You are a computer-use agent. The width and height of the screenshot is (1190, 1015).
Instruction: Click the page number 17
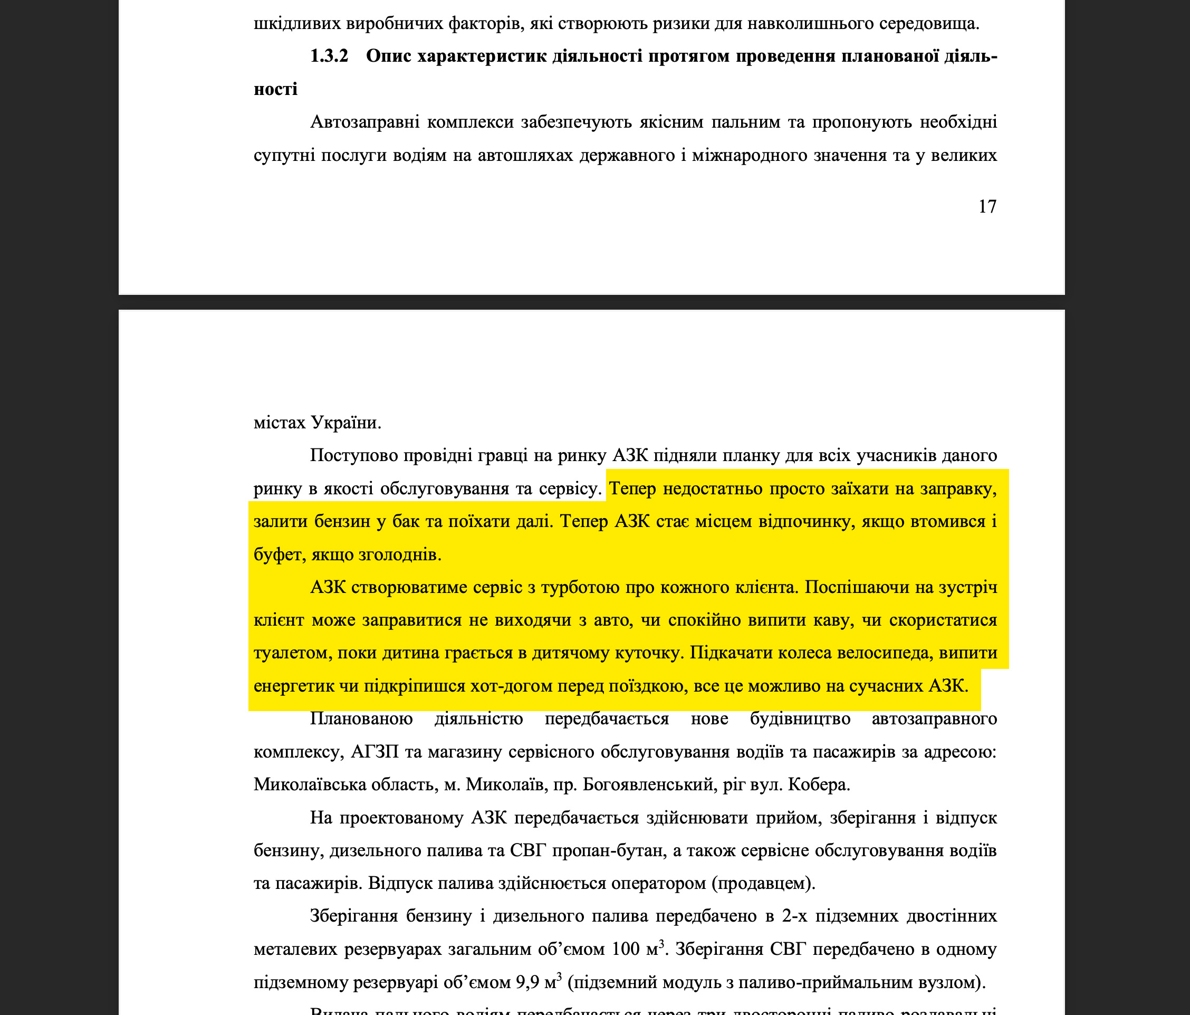point(987,207)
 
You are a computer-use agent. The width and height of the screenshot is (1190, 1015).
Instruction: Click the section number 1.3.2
point(329,56)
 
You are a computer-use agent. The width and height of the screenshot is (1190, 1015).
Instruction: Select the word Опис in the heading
point(388,56)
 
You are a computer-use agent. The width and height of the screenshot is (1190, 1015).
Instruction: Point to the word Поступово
point(354,455)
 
